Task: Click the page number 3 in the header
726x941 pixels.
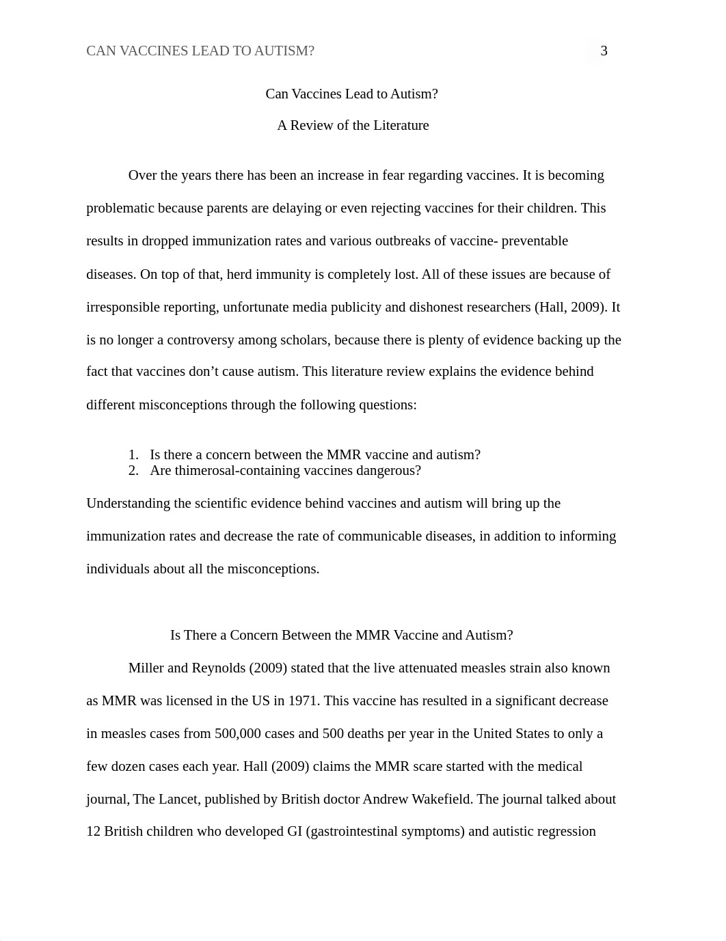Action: pos(604,51)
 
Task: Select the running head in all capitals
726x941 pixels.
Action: pos(200,51)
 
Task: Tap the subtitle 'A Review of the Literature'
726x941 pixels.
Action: pos(353,125)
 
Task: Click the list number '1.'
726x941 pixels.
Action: pos(133,454)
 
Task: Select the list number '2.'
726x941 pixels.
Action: pos(133,470)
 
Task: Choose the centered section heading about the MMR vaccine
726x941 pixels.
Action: pos(341,635)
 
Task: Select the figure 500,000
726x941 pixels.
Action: pos(238,733)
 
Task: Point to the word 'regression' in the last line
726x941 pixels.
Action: pos(566,831)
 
